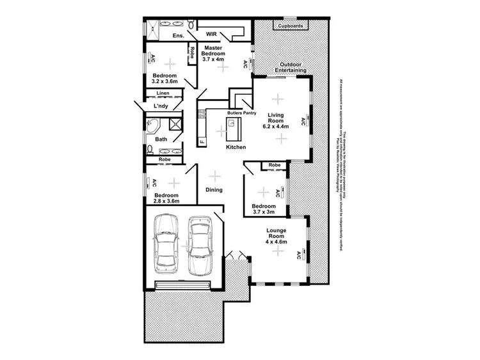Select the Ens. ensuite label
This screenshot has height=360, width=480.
tap(160, 36)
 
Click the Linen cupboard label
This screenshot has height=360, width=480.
tap(163, 94)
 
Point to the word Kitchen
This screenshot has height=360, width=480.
tap(236, 147)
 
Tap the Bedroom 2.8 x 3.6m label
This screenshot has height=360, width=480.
tap(165, 198)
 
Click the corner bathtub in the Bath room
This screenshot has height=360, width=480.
tap(154, 125)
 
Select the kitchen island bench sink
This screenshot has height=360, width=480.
tap(232, 123)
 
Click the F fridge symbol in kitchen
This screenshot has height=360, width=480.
tap(201, 141)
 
